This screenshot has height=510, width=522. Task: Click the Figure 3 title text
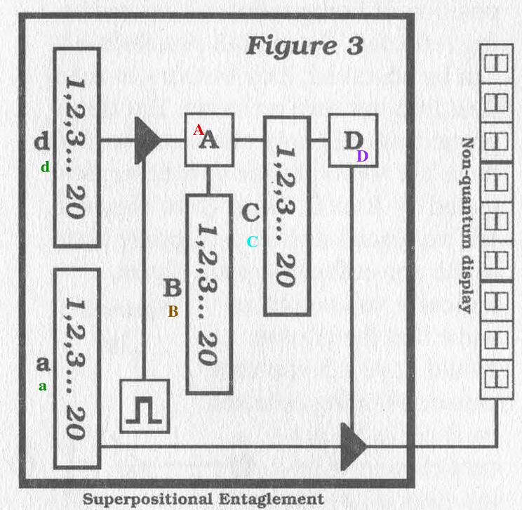(304, 46)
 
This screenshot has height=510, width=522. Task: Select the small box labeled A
(209, 140)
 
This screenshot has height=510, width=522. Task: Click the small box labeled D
(353, 140)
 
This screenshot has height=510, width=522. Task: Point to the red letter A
(199, 129)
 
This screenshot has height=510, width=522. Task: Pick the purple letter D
(362, 157)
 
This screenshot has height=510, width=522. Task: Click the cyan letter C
(253, 242)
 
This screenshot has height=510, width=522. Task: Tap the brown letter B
(173, 312)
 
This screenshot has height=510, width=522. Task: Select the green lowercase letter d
(46, 167)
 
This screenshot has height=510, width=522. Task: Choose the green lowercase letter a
(43, 386)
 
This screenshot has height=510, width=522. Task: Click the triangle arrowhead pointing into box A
(147, 140)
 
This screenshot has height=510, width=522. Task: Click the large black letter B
(173, 288)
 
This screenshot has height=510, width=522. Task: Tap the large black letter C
(250, 211)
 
